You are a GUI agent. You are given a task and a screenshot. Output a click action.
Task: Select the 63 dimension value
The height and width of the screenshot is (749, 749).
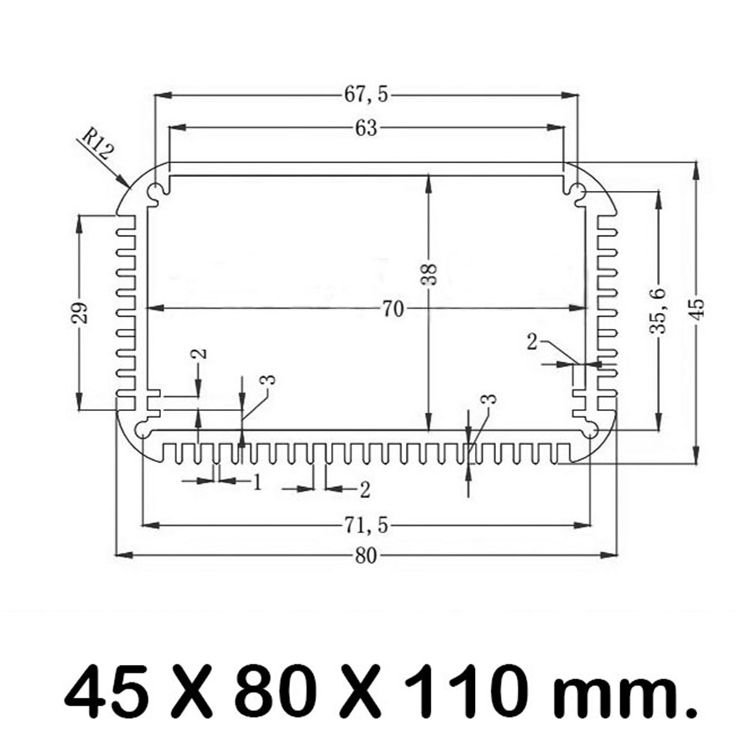point(366,128)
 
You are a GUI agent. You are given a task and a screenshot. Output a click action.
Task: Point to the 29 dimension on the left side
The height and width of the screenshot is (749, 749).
point(82,312)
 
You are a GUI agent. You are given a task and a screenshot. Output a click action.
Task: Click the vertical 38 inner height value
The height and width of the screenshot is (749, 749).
point(428,275)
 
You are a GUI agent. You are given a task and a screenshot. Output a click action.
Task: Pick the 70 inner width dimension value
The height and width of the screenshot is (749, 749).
point(392,308)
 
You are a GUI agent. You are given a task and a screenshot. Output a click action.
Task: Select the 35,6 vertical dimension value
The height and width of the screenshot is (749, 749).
point(658,310)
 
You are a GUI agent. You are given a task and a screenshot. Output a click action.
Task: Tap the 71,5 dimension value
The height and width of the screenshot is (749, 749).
point(366,526)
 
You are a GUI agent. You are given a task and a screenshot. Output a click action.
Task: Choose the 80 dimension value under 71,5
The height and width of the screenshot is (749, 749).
point(366,555)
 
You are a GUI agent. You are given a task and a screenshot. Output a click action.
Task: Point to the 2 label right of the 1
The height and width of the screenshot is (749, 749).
point(365,490)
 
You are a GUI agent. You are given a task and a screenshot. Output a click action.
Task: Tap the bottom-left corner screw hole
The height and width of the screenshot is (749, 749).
point(142,429)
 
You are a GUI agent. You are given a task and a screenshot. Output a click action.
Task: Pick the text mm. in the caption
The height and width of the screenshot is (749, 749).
point(634,693)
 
